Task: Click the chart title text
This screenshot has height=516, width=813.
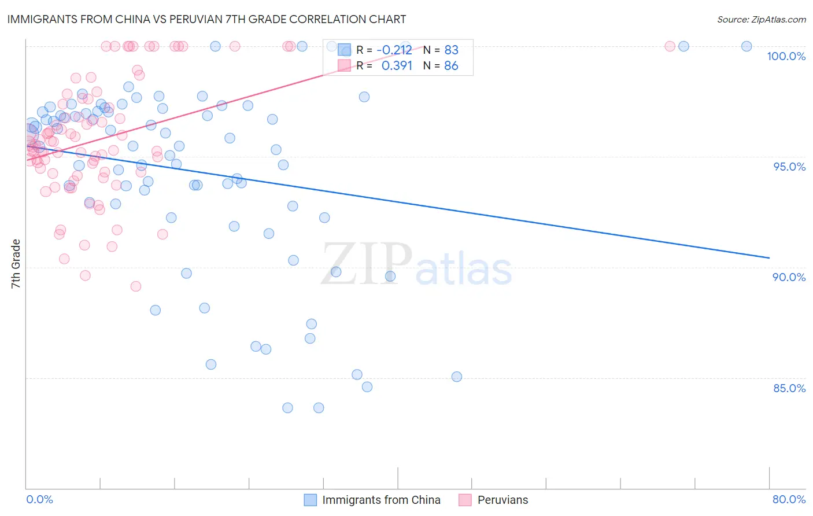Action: pos(206,19)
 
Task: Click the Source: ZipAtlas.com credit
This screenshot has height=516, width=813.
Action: pos(761,19)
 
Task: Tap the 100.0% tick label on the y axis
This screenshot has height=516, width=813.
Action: pos(786,56)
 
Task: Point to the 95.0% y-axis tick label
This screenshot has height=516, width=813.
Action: pos(789,167)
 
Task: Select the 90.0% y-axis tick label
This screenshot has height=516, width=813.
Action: pos(789,277)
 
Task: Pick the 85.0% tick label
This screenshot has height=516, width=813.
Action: pos(789,388)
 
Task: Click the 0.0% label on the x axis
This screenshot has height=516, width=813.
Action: pos(39,499)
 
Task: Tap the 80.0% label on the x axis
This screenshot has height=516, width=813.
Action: pos(789,499)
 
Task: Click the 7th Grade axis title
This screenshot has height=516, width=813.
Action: pos(16,264)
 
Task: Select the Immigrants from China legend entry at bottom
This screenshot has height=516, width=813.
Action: pos(373,500)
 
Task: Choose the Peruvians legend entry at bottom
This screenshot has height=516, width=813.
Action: pos(494,500)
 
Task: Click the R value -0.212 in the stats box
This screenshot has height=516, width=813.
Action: pos(394,50)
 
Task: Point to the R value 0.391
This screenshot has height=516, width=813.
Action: pos(397,66)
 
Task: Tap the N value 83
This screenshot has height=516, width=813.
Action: pos(451,50)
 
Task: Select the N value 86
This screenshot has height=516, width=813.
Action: pos(451,66)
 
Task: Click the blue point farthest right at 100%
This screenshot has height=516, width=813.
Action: pos(747,46)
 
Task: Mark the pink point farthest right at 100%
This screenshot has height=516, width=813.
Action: pos(670,46)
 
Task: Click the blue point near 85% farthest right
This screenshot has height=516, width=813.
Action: pos(457,377)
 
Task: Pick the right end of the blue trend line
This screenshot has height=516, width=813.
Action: pos(769,257)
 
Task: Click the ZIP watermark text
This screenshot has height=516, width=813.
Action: pos(367,264)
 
